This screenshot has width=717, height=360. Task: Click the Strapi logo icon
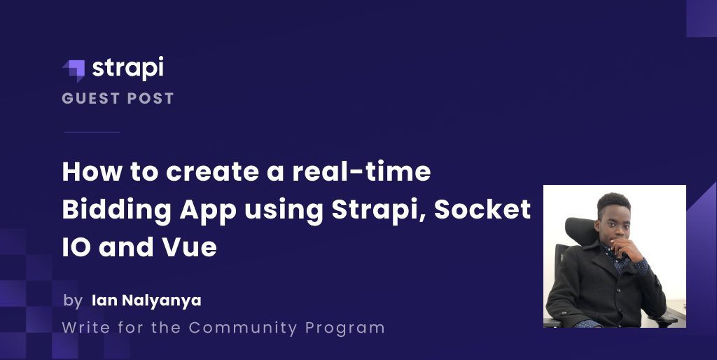tap(74, 70)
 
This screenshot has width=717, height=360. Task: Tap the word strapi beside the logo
tap(127, 69)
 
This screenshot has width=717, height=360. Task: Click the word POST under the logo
tap(148, 99)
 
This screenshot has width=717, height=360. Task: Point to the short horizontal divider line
tap(92, 132)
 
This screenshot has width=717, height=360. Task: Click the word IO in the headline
tap(75, 247)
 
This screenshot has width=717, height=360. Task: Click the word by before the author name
tap(73, 301)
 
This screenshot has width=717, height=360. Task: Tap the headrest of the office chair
tap(580, 231)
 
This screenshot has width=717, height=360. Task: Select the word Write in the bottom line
tap(84, 327)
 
